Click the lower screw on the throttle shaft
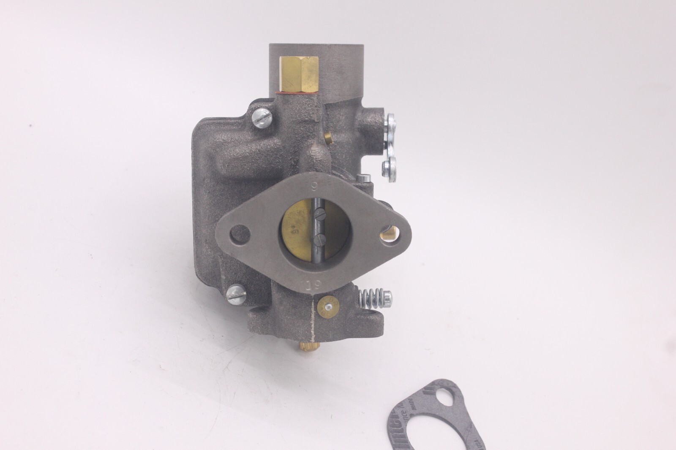(319, 239)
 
